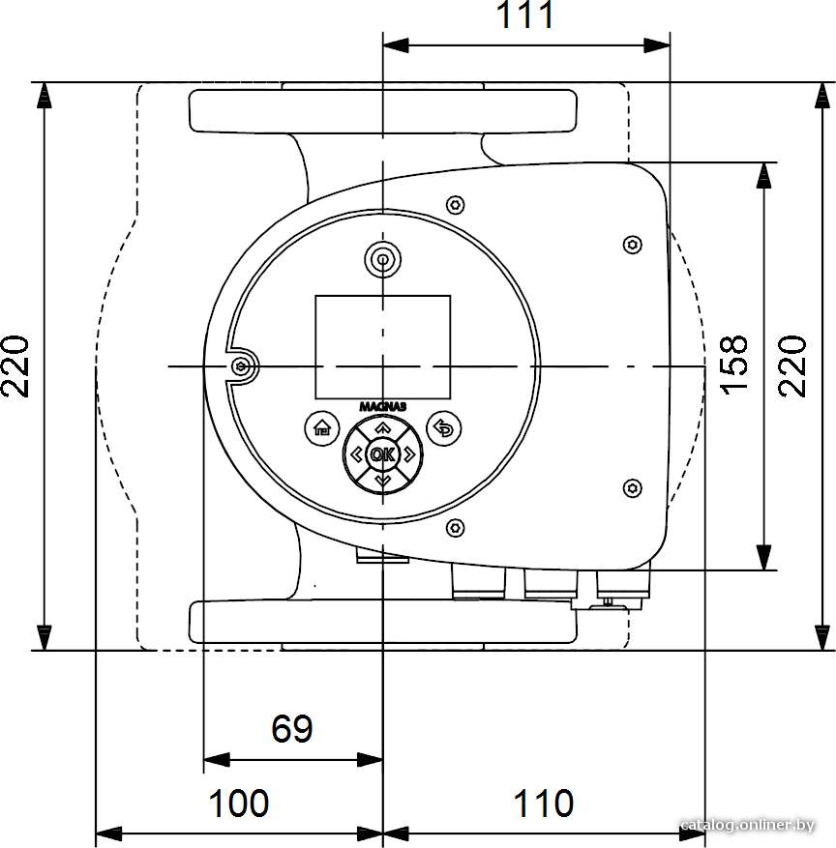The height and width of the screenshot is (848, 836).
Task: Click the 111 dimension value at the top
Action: click(524, 15)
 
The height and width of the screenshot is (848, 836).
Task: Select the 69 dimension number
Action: click(291, 728)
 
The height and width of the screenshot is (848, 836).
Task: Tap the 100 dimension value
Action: click(239, 804)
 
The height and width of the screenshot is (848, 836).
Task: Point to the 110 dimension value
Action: click(543, 804)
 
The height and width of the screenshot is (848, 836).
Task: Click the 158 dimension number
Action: click(733, 366)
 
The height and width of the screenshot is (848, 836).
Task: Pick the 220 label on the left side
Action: click(15, 366)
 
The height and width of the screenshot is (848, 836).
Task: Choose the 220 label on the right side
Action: click(792, 366)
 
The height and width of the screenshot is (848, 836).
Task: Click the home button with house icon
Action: click(322, 429)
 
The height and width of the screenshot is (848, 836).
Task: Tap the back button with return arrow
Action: click(444, 429)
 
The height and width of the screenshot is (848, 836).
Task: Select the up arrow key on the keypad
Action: click(383, 427)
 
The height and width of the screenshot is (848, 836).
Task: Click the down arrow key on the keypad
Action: click(383, 480)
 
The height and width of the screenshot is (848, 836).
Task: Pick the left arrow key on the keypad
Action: click(357, 454)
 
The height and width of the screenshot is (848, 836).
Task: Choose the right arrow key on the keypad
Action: click(409, 454)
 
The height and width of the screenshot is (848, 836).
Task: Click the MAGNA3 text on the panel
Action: click(383, 407)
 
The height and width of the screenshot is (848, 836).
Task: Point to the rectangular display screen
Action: click(383, 347)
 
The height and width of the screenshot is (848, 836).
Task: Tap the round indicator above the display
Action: click(383, 259)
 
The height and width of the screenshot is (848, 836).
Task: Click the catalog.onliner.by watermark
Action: click(747, 826)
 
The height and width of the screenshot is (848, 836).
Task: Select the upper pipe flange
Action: click(383, 111)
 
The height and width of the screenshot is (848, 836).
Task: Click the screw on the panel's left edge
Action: click(241, 367)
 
